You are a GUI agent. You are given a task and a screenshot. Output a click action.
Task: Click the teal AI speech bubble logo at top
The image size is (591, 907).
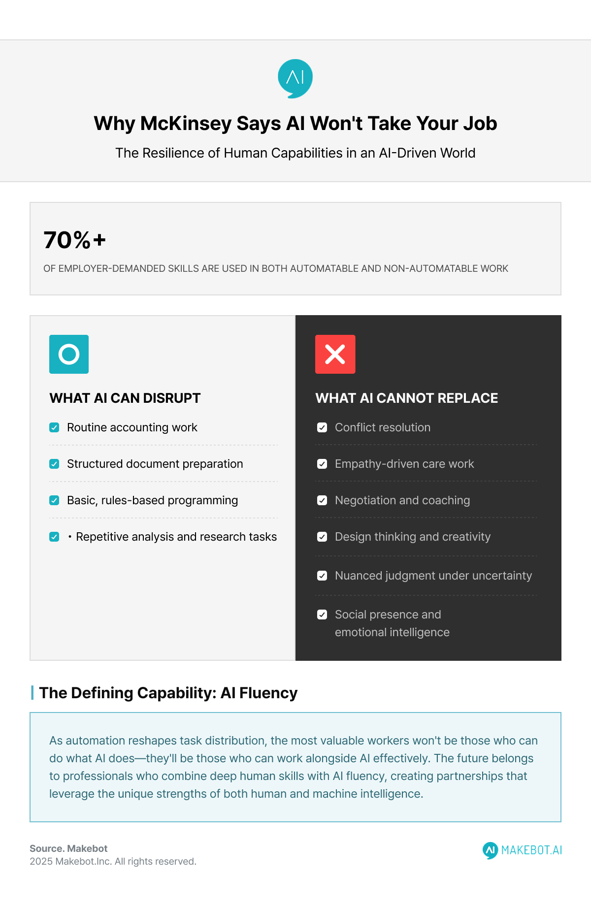(x=295, y=78)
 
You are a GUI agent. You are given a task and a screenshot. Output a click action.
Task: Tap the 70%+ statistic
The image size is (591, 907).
(x=75, y=240)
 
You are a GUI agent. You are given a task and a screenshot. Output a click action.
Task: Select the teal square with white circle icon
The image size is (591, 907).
(x=69, y=354)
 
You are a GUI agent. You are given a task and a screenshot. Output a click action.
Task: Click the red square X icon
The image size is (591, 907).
(x=335, y=354)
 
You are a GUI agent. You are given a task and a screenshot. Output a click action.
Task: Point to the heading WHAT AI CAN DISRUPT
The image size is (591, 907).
(x=125, y=398)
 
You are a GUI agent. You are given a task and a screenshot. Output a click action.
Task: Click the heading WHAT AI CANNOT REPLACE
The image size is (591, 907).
(x=406, y=398)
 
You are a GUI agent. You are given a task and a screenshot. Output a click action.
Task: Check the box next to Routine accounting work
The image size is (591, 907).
(x=55, y=427)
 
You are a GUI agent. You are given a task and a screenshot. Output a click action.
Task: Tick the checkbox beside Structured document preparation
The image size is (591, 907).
(x=55, y=464)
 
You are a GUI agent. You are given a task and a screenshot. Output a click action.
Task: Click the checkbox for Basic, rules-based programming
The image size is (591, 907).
(x=55, y=500)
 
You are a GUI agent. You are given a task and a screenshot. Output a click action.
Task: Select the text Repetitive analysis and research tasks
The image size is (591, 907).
(x=176, y=537)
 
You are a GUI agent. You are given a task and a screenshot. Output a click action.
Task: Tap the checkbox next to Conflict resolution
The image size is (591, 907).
(x=322, y=427)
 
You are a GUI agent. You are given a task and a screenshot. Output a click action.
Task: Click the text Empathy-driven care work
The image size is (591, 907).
(x=404, y=464)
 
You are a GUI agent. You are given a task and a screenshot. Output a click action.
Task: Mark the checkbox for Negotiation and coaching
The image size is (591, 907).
(x=322, y=500)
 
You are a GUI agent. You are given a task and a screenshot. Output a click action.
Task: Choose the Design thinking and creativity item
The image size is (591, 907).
(x=412, y=537)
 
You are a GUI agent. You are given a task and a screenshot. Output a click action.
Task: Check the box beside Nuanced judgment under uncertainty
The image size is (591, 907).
(x=322, y=576)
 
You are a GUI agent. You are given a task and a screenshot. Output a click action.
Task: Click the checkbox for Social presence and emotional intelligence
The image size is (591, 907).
(x=322, y=615)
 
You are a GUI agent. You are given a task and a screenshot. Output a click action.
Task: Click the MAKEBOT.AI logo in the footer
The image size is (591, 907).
(x=522, y=850)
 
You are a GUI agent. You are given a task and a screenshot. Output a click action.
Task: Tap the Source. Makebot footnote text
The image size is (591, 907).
(x=68, y=848)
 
